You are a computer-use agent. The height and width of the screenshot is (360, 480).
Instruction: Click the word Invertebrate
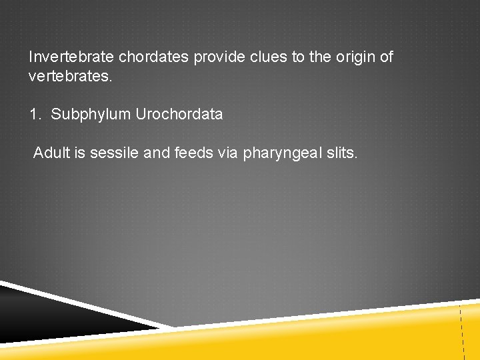[71, 57]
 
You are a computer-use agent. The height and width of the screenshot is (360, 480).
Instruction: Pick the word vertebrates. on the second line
[71, 77]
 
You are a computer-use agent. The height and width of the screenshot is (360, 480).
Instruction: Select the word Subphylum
[91, 115]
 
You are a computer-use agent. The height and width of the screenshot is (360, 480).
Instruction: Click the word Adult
[50, 154]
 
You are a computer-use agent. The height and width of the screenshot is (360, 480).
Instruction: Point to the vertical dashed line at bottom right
[461, 330]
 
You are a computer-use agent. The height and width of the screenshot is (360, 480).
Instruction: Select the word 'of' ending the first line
[386, 57]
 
